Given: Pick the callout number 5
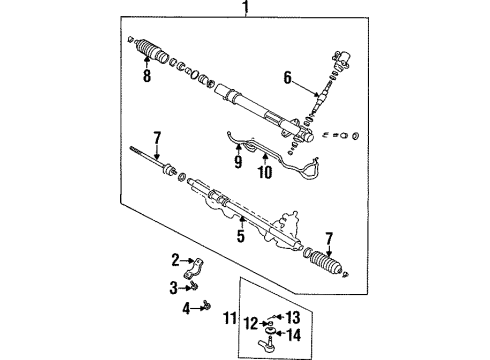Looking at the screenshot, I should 240,238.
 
